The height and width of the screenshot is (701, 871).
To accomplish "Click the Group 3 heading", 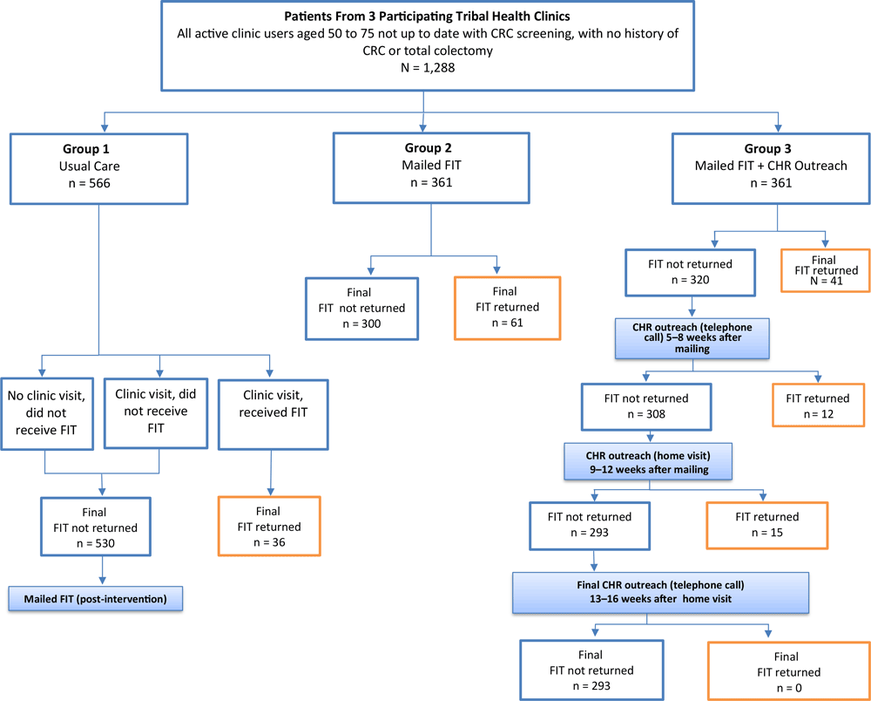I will point(770,148).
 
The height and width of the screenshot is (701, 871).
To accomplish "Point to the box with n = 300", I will point(361,309).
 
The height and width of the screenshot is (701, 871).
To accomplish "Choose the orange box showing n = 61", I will point(507,309).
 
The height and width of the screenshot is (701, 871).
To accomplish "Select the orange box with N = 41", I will point(823,270).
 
